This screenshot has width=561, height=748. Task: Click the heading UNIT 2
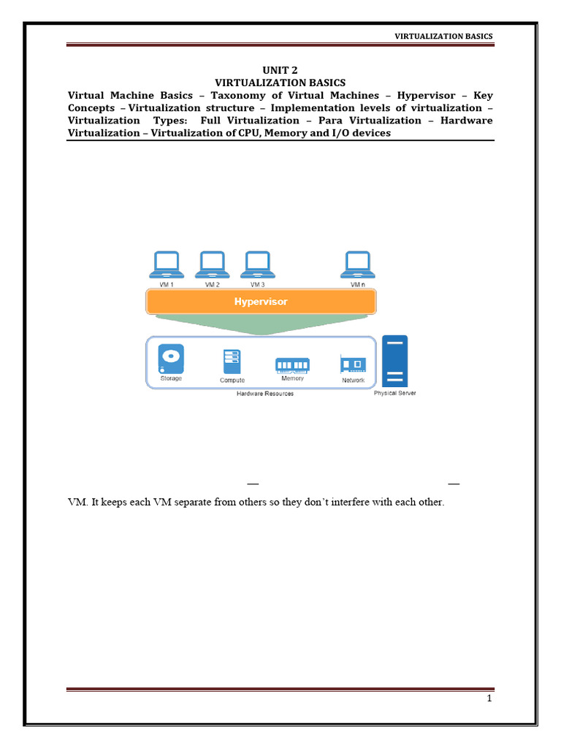point(280,70)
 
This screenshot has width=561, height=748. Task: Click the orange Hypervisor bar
point(261,302)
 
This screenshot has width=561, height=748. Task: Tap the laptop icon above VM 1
point(167,264)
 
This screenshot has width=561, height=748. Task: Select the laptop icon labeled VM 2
point(213,264)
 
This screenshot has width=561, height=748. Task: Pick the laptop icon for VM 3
point(257,264)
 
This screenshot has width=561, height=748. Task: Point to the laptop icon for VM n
point(357,264)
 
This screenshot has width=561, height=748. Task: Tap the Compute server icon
point(232,362)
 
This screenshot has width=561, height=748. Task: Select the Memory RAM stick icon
point(292,365)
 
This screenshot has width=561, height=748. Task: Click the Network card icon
point(353,364)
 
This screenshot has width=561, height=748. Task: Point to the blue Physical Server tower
point(394,361)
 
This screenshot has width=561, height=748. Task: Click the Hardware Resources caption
point(264,394)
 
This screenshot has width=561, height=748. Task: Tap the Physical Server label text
point(394,394)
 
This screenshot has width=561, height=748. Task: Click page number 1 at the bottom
point(489,699)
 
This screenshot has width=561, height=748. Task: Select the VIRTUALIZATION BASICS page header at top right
point(443,37)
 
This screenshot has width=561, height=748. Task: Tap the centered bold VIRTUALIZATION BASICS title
point(280,83)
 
